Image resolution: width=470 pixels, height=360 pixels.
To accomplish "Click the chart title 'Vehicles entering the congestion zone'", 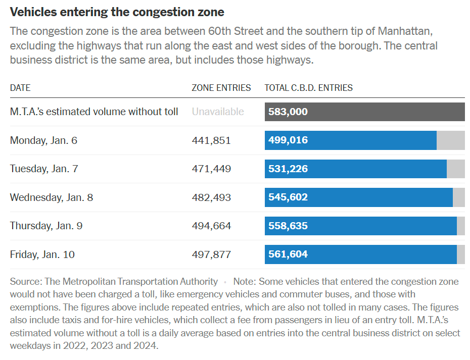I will tap(117, 12).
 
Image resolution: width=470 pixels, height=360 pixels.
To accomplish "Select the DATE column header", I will tap(20, 88).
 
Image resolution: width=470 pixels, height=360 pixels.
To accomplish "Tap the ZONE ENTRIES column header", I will tap(221, 88).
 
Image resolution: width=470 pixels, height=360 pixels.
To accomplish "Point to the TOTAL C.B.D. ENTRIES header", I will tap(309, 88).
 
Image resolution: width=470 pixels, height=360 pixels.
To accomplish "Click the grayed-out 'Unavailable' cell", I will tap(218, 112).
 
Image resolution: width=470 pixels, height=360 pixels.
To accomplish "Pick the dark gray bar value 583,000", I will tap(288, 112).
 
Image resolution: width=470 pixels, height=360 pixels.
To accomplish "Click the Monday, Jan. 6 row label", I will tap(43, 140).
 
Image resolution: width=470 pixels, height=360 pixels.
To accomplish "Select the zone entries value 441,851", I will tap(211, 140).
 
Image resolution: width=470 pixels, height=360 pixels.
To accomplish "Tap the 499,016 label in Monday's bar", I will tap(288, 140).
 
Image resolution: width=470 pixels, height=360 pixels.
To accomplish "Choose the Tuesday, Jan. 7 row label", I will tap(44, 169).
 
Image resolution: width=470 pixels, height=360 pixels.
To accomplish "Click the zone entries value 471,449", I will tap(211, 169).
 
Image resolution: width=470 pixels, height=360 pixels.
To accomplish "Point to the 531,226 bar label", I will tap(288, 169).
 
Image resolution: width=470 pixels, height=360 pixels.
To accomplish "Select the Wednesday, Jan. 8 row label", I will tap(52, 197).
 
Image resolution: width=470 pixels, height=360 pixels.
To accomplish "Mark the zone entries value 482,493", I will tap(211, 197).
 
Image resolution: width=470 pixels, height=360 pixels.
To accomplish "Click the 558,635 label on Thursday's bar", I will tap(288, 226).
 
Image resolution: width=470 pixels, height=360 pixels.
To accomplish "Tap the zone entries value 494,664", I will tap(211, 226).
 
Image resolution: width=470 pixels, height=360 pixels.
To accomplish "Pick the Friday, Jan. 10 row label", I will tap(42, 254).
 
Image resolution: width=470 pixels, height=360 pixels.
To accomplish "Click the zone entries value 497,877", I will tap(211, 254).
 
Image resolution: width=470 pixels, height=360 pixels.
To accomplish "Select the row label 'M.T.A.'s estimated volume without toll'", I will tap(94, 112).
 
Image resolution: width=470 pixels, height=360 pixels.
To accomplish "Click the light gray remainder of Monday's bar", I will tap(451, 140).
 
